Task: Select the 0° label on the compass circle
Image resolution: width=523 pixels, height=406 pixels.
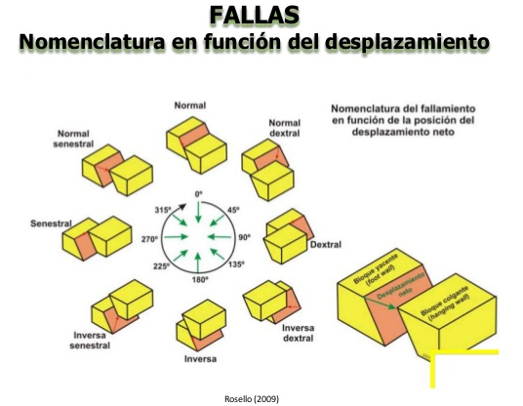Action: [x=198, y=194]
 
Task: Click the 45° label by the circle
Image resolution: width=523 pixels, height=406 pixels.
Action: [x=233, y=209]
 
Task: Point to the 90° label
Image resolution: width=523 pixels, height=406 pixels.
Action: [x=244, y=237]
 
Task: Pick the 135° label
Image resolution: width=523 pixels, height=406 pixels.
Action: [x=234, y=264]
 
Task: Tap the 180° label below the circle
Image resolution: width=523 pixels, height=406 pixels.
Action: [x=199, y=279]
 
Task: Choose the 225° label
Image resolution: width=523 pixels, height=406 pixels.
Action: [x=163, y=264]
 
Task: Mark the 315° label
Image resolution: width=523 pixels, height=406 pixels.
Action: [x=162, y=209]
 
